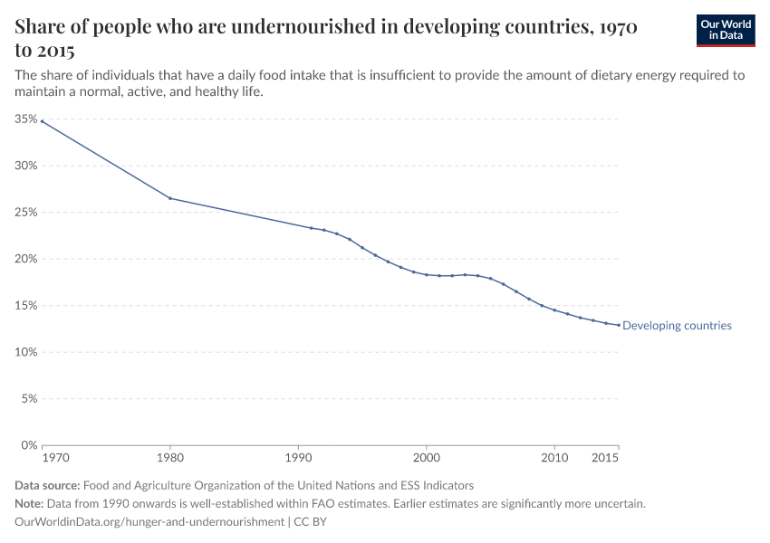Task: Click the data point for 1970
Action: point(42,121)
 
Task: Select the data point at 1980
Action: point(170,198)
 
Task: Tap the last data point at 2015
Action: point(619,325)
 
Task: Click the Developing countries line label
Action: point(677,326)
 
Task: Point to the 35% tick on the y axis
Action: point(25,119)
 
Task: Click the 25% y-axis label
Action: point(25,213)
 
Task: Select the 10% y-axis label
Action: point(25,352)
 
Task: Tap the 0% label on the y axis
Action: point(28,445)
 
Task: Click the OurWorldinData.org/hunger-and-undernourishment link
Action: point(149,522)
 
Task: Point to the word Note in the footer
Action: point(30,504)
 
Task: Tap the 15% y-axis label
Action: point(25,306)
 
